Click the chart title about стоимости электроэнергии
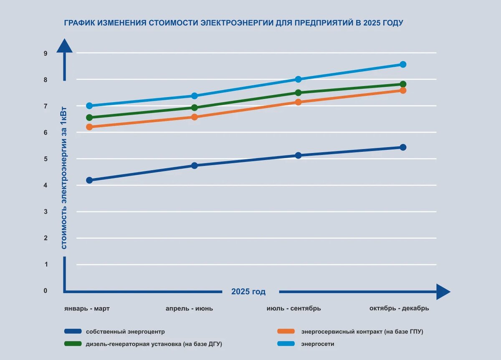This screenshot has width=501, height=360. click(x=233, y=23)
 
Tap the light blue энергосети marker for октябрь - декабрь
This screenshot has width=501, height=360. click(x=403, y=64)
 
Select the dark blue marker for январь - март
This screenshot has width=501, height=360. click(x=89, y=180)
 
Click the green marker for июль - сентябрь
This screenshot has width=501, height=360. click(x=298, y=93)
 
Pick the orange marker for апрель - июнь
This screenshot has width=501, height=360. click(x=194, y=117)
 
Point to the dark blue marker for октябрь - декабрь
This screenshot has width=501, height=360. click(x=403, y=147)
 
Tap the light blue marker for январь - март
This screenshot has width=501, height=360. click(x=89, y=106)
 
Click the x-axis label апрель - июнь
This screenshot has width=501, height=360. click(x=189, y=309)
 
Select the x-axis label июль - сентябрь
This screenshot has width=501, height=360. click(x=294, y=309)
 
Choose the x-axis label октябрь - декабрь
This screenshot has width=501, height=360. click(x=399, y=309)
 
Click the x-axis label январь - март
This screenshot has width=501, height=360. click(x=87, y=309)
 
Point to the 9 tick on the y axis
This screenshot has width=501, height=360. click(x=46, y=53)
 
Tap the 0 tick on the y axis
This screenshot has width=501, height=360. click(x=46, y=291)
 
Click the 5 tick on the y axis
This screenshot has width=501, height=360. click(x=46, y=159)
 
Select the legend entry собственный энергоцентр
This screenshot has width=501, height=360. click(x=125, y=332)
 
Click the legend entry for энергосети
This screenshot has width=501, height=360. click(x=317, y=344)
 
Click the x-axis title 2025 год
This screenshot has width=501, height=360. click(x=248, y=292)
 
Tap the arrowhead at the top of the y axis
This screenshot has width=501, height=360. click(x=64, y=45)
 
